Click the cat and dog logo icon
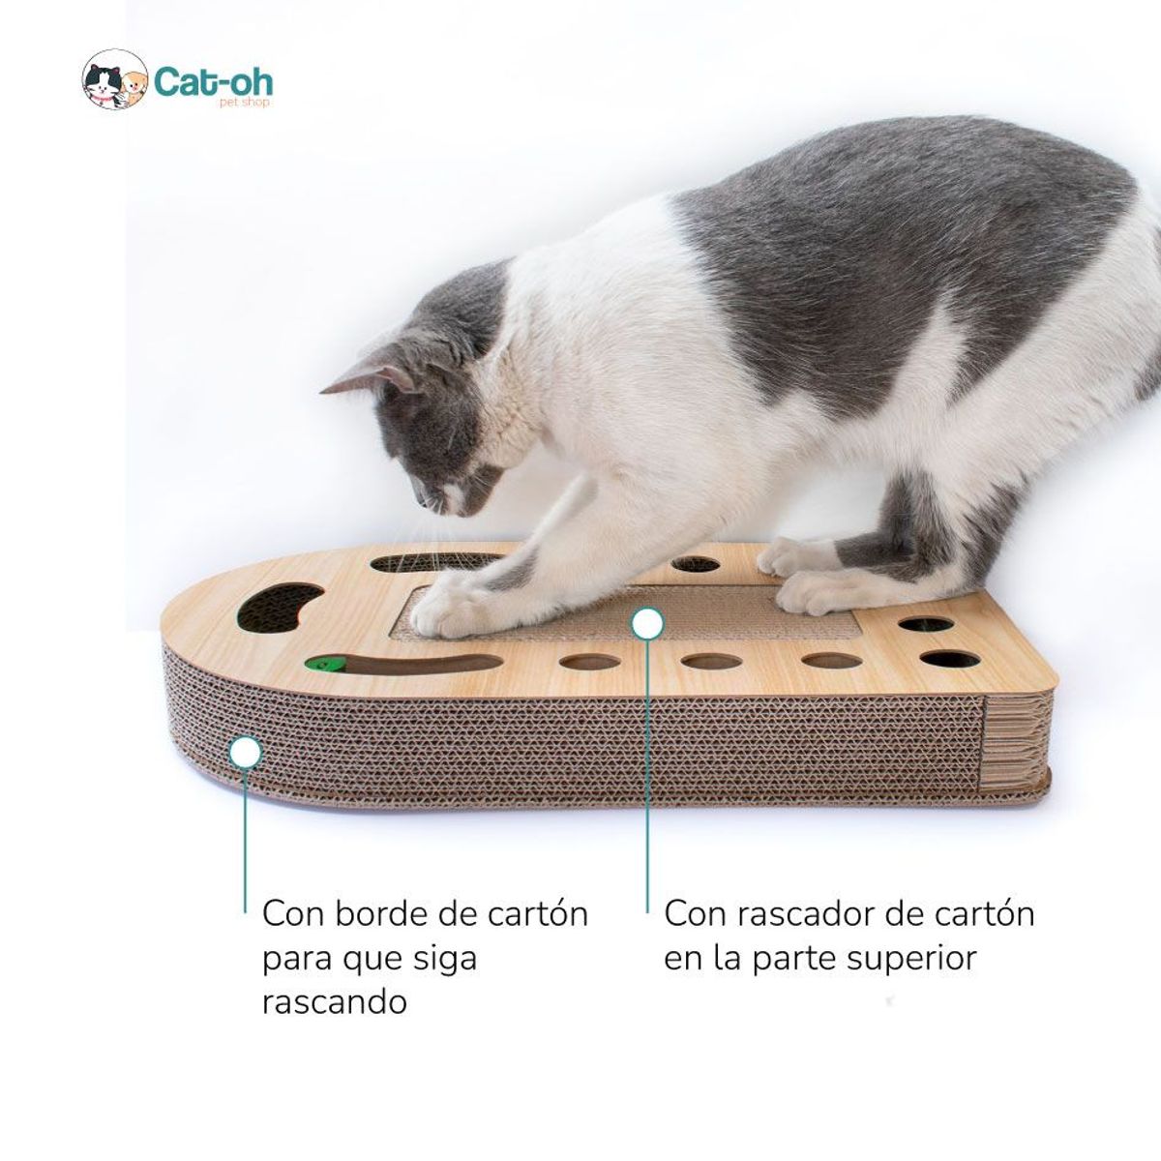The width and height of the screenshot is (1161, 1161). [x=114, y=81]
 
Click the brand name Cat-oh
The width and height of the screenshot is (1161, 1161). [x=213, y=79]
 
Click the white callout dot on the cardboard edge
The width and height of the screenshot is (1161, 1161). [x=246, y=752]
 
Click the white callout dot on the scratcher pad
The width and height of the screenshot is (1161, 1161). [x=647, y=624]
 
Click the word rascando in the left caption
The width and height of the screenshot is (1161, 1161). [x=334, y=1000]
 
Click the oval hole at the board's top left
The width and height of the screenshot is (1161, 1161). [x=418, y=561]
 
